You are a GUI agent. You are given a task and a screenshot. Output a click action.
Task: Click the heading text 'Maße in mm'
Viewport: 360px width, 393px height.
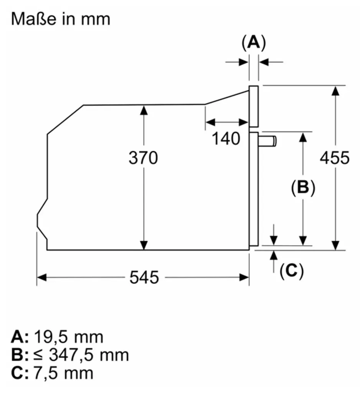pos(61,19)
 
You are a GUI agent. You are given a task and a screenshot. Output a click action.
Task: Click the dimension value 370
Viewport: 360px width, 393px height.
pos(144,158)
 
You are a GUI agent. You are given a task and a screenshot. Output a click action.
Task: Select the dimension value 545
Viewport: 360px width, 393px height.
pos(144,277)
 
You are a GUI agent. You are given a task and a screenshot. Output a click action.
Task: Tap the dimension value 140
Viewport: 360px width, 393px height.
pos(226,139)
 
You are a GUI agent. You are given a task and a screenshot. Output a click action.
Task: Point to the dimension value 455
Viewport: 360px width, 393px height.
pos(335,158)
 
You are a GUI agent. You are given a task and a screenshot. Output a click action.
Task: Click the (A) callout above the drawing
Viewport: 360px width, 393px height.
pos(254,43)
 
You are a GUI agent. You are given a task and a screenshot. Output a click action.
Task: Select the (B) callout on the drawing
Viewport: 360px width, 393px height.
pos(303,187)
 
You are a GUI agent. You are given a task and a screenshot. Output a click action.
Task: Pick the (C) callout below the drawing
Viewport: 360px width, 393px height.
pos(291,271)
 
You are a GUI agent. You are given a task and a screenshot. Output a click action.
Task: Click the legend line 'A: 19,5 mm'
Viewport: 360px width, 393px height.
pos(57,337)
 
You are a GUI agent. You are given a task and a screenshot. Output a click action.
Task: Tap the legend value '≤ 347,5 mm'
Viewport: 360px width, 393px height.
pos(81,355)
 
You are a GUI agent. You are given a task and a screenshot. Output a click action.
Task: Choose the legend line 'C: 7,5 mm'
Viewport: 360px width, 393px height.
pos(52,373)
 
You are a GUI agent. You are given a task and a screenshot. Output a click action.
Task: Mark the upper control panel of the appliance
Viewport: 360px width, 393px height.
pos(254,107)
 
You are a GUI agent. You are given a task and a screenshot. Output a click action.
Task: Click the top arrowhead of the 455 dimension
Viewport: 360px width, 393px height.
pos(335,91)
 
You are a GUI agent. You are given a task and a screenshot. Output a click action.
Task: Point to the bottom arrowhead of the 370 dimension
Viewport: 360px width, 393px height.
pos(144,245)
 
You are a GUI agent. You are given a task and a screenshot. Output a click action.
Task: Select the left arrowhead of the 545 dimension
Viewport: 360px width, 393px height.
pos(42,277)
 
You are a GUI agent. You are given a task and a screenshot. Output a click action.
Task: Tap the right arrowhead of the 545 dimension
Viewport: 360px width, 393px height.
pos(244,277)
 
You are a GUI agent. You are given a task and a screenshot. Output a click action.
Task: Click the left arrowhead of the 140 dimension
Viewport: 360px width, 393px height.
pos(210,122)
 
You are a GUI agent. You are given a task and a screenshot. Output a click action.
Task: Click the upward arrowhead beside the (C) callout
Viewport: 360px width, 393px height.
pos(274,255)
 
